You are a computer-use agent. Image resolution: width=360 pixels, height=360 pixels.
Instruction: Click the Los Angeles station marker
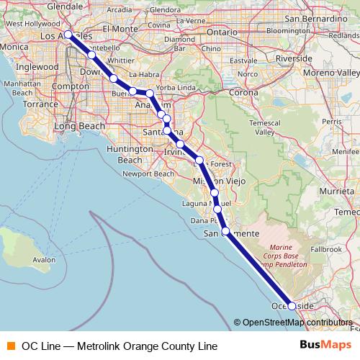(68, 35)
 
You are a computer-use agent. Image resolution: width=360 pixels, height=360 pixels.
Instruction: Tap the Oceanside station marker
(292, 306)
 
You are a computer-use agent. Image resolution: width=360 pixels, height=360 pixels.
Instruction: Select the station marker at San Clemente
(225, 231)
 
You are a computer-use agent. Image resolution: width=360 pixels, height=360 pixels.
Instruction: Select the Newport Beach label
(148, 174)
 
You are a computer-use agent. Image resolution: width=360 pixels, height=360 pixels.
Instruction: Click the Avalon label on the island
(44, 260)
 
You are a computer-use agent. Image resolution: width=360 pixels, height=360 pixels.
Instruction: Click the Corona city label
(243, 93)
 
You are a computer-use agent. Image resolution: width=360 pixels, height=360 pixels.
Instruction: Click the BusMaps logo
(325, 346)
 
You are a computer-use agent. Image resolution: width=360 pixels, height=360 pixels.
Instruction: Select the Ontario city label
(223, 32)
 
